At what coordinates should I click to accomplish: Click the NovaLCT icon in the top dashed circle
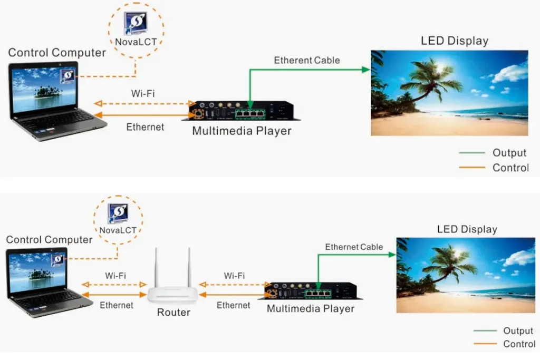136,23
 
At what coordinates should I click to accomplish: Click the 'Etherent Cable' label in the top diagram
307,60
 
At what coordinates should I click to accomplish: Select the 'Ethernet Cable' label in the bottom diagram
354,247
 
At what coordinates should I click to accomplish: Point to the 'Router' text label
173,313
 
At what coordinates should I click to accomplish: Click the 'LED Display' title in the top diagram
454,41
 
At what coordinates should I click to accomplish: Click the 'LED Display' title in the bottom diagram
467,229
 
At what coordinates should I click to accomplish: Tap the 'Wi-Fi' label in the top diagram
143,93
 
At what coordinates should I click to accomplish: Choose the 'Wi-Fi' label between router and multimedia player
234,275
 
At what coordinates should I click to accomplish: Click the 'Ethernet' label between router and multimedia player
233,305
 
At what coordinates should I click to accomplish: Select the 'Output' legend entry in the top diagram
509,153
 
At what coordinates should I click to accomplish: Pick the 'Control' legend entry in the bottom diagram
519,344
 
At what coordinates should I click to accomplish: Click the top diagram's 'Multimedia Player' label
242,131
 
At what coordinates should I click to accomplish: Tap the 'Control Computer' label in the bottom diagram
49,240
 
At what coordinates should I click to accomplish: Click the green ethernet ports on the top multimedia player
249,112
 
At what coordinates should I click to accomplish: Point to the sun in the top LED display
440,69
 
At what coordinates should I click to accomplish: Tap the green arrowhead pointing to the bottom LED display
392,255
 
